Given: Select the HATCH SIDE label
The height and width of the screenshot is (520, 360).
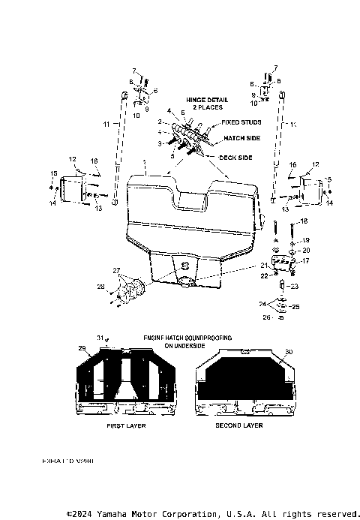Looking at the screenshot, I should coord(241,139).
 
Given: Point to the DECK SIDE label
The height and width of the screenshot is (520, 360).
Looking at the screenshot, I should coord(238,157).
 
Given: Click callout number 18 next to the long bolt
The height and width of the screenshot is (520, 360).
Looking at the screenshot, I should coord(303,222).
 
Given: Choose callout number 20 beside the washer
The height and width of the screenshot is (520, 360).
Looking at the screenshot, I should coord(304,250).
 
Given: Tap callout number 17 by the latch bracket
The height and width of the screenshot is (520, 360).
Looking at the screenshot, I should coord(304,260).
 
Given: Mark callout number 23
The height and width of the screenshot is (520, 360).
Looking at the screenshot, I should coord(294,286).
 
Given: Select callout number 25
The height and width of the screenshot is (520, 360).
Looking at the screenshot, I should coord(295,308).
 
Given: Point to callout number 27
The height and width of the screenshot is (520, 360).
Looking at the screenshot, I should coord(116,271).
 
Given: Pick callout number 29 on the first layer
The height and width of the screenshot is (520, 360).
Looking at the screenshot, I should coord(82,350).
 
